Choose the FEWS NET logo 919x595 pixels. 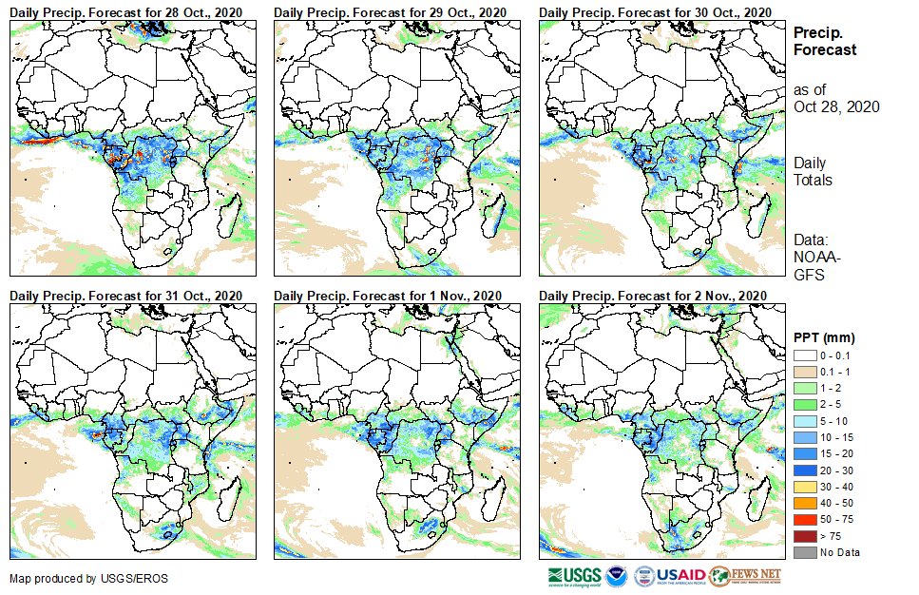[x=747, y=576]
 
